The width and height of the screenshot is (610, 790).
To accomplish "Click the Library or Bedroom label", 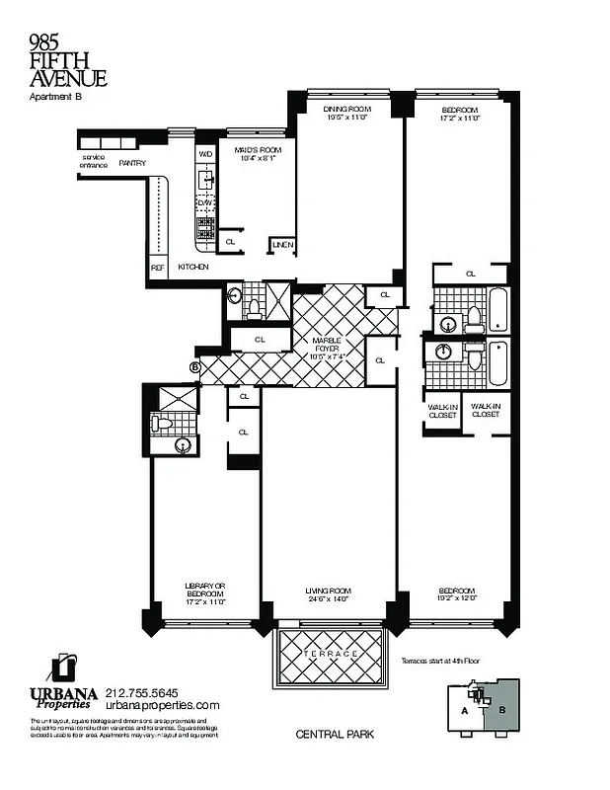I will click(205, 592).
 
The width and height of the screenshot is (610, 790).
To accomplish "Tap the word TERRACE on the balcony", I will click(330, 654).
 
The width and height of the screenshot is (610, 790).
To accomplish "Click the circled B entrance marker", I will click(195, 367).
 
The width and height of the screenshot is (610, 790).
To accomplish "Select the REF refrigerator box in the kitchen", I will click(157, 267).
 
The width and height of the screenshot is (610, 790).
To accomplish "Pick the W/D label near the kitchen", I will click(205, 154).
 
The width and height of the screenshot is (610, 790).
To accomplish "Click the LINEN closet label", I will click(281, 244).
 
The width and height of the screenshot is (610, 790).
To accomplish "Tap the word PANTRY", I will click(132, 162).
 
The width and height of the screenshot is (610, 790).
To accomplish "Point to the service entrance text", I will click(95, 161).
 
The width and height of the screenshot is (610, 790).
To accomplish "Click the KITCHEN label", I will click(193, 267).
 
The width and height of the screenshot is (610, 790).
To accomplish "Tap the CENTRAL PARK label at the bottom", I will click(330, 735).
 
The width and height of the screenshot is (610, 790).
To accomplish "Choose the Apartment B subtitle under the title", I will click(55, 97).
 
